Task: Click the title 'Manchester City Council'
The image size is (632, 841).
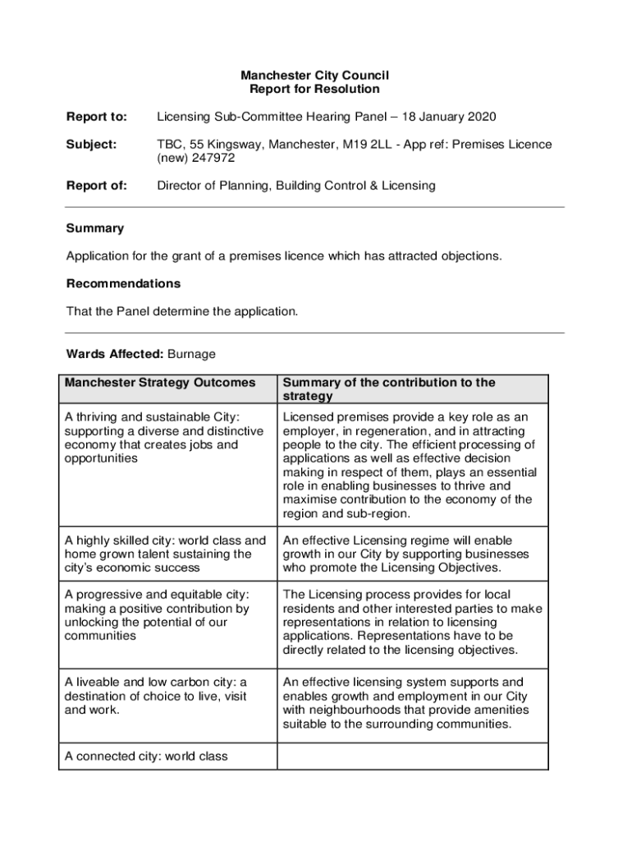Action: coord(314,76)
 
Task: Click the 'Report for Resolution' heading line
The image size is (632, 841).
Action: coord(314,89)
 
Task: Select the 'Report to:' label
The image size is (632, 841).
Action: coord(97,117)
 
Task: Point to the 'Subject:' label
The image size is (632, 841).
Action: coord(91,145)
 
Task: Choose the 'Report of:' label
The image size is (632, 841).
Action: coord(97,186)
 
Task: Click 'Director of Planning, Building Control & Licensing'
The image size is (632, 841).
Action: coord(296,186)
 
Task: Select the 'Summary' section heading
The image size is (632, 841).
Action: coord(95,228)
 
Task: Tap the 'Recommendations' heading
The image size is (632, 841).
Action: coord(123,283)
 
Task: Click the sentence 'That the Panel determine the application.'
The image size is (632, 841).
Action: coord(183,311)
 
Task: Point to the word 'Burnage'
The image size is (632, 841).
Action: coord(191,354)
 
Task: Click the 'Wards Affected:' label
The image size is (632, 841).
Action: coord(115,354)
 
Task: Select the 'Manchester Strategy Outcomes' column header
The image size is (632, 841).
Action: coord(160,383)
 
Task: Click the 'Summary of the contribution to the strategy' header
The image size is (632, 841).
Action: coord(389,389)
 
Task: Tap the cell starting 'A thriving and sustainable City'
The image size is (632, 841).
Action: coord(164,438)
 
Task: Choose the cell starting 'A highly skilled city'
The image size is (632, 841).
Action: coord(166,554)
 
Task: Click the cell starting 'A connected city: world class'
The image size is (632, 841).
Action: coord(146,756)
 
